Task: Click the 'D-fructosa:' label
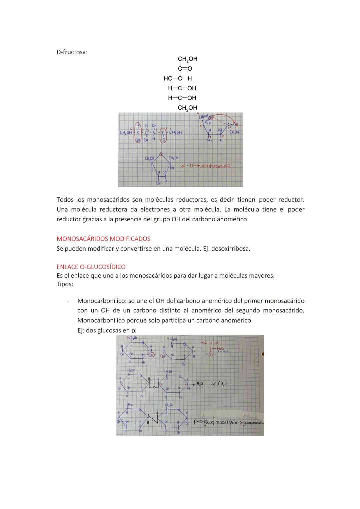tap(72, 52)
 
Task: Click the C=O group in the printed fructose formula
tap(185, 69)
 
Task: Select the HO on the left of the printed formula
tap(168, 79)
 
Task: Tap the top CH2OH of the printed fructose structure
tap(187, 59)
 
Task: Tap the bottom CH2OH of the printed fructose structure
tap(187, 108)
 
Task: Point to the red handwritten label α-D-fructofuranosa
tap(206, 165)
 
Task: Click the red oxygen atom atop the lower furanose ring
tap(161, 155)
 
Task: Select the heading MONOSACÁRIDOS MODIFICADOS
tap(103, 239)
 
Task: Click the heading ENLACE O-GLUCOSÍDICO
tap(91, 267)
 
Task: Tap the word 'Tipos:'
tap(65, 284)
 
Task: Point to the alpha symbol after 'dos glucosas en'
tap(134, 331)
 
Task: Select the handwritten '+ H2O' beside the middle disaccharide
tap(198, 384)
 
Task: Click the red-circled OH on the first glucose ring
tap(152, 355)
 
